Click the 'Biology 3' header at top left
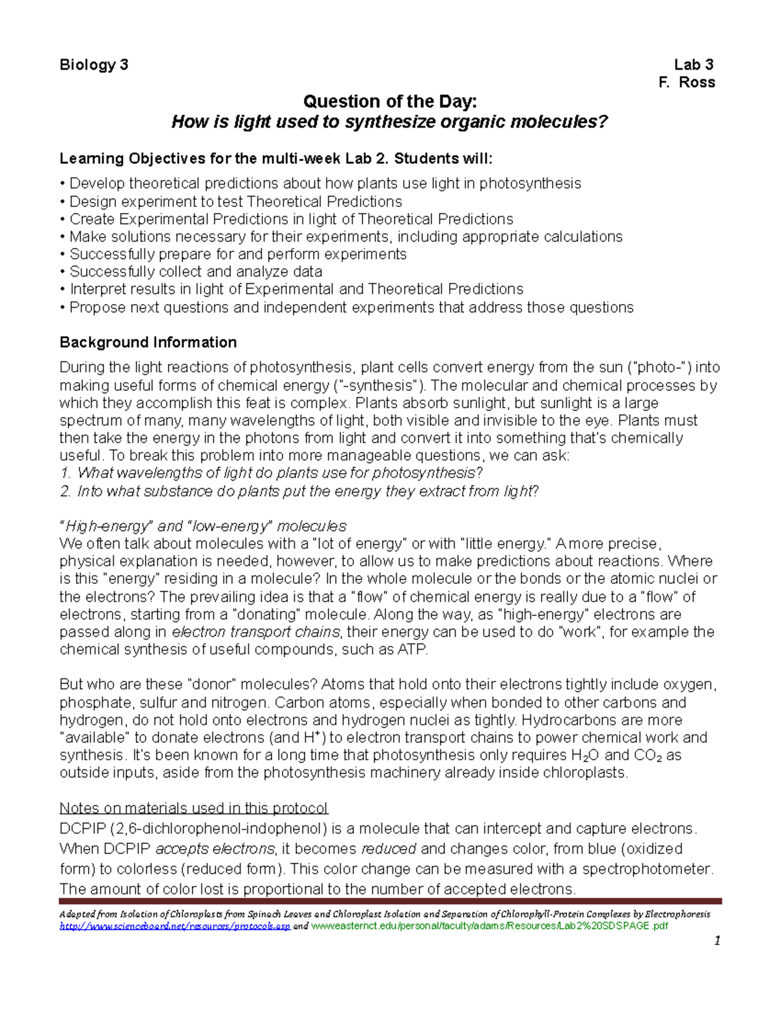coord(94,64)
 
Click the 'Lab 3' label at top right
coord(694,64)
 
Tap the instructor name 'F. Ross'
coord(687,82)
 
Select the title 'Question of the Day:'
coord(390,102)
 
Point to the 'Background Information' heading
coord(148,342)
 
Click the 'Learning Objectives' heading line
coord(276,159)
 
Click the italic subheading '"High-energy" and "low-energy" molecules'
coord(203,526)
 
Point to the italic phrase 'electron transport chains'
coord(256,632)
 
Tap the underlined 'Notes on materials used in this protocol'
coord(193,808)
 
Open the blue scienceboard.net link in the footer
coord(174,926)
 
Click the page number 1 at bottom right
coord(717,941)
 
